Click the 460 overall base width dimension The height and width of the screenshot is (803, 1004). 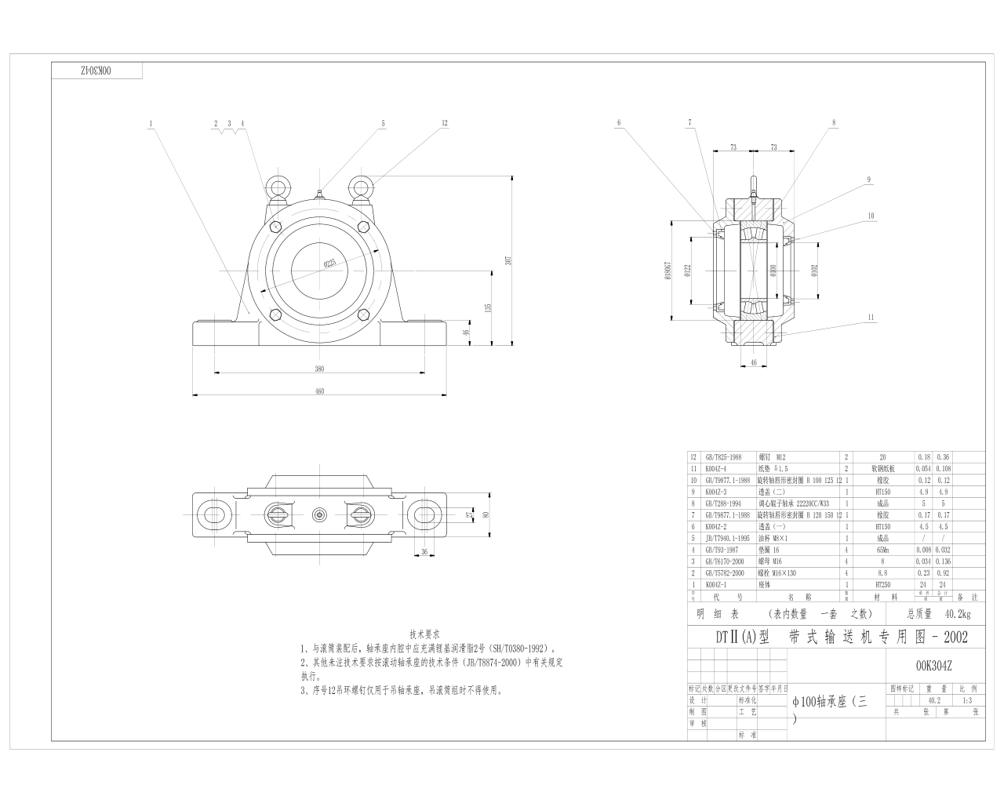click(319, 391)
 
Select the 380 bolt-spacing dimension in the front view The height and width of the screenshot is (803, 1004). click(319, 369)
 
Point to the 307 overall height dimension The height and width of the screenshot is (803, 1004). click(508, 260)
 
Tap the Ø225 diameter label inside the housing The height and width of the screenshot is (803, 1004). click(329, 263)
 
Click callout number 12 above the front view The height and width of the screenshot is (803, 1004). click(444, 123)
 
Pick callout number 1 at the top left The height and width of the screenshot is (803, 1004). click(150, 123)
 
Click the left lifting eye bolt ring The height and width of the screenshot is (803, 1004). click(276, 187)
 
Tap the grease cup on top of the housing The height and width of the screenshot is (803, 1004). click(320, 193)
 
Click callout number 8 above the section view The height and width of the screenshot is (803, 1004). click(834, 122)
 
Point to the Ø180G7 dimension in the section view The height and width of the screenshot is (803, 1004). click(668, 269)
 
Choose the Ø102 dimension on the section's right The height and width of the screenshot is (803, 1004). click(814, 270)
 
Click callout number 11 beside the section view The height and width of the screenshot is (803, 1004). click(871, 317)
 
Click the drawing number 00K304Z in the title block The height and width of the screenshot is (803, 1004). click(933, 666)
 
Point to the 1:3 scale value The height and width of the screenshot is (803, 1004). click(966, 700)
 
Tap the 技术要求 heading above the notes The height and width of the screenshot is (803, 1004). click(425, 634)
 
